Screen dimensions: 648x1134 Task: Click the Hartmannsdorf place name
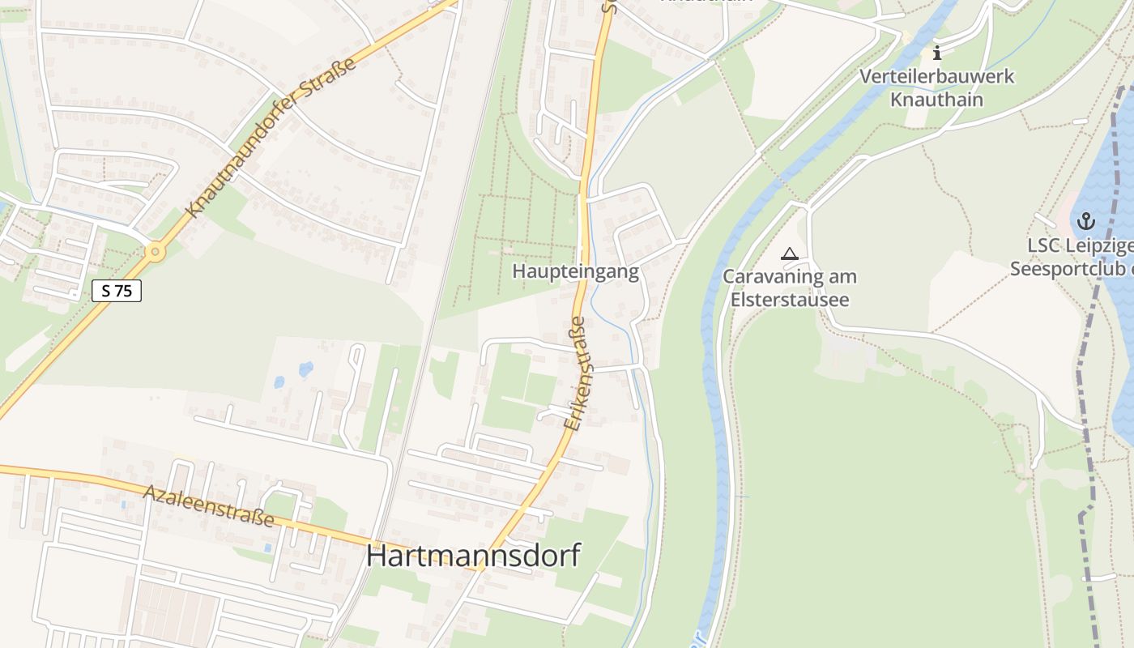pyautogui.click(x=473, y=556)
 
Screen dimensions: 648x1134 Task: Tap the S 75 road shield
pyautogui.click(x=117, y=291)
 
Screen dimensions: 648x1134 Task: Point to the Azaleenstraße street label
pyautogui.click(x=209, y=505)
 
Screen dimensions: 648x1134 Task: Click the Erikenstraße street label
pyautogui.click(x=573, y=373)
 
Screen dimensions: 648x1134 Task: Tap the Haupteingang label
pyautogui.click(x=575, y=271)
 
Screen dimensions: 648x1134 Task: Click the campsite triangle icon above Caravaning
pyautogui.click(x=789, y=254)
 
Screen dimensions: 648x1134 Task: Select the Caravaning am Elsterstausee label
pyautogui.click(x=789, y=288)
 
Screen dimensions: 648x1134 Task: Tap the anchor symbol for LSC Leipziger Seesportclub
pyautogui.click(x=1085, y=220)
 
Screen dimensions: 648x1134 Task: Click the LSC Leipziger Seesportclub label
pyautogui.click(x=1072, y=257)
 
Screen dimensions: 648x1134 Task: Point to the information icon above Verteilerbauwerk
pyautogui.click(x=937, y=53)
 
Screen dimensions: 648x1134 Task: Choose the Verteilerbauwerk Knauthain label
pyautogui.click(x=936, y=88)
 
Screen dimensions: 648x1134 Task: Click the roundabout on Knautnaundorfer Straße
pyautogui.click(x=155, y=252)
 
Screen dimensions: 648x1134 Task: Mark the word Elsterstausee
pyautogui.click(x=789, y=300)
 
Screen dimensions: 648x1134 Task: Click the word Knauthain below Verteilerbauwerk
pyautogui.click(x=936, y=100)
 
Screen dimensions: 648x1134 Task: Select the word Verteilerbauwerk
pyautogui.click(x=936, y=77)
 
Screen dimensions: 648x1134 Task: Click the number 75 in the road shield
pyautogui.click(x=122, y=291)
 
